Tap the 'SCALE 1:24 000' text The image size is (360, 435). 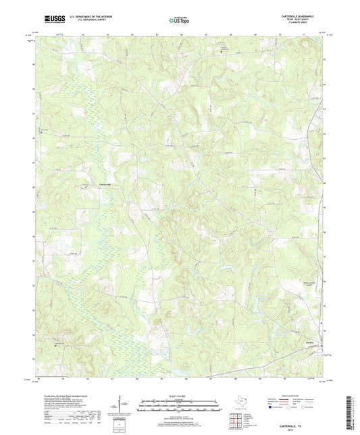click(179, 395)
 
